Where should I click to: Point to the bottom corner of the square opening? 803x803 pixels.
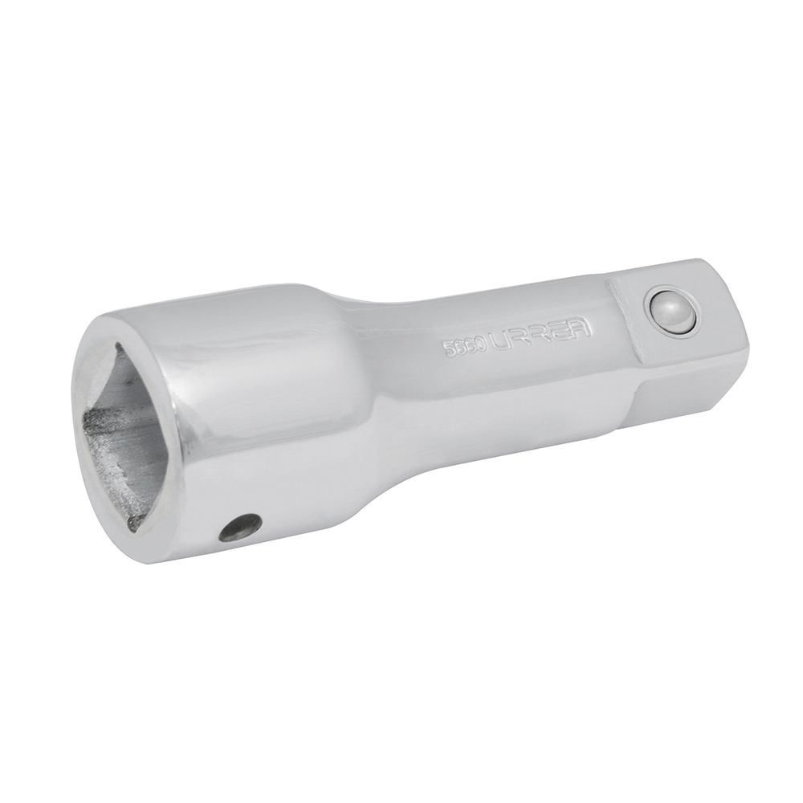click(137, 526)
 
